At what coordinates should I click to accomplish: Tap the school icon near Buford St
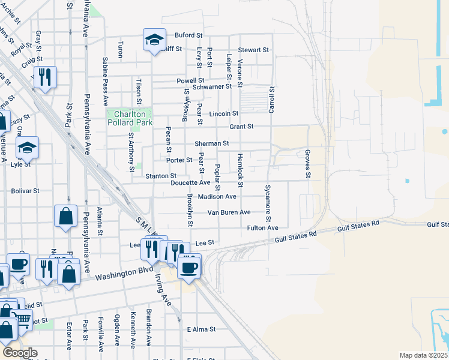tap(154, 41)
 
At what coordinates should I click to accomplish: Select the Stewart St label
tap(253, 50)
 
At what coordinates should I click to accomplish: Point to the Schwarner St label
tap(212, 86)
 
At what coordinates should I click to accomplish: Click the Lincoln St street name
tap(224, 113)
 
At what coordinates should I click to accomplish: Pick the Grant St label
tap(242, 127)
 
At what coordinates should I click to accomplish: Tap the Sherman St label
tap(212, 143)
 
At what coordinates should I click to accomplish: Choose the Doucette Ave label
tap(190, 182)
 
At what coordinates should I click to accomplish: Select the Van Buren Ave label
tap(229, 212)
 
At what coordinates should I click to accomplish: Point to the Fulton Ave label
tap(263, 228)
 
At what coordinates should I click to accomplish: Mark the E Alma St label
tap(201, 329)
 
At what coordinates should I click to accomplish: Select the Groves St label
tap(307, 164)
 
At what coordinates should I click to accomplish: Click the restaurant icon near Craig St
tap(45, 77)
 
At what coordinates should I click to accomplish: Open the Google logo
tap(20, 353)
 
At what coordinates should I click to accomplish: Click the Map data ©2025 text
tap(423, 355)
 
